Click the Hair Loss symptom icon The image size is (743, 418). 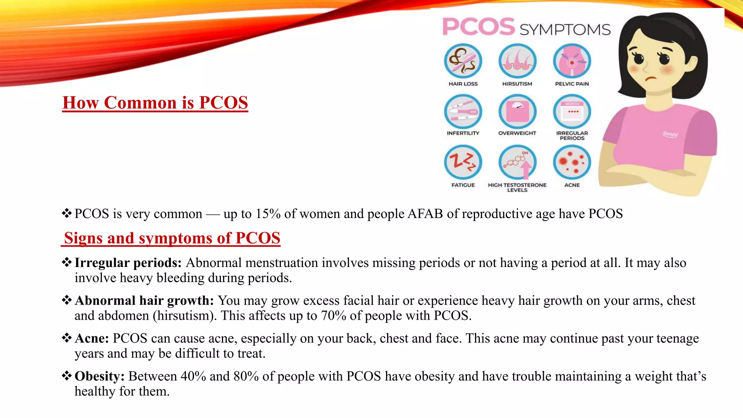click(x=463, y=61)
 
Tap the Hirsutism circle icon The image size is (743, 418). click(x=517, y=61)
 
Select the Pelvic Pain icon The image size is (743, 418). click(x=572, y=61)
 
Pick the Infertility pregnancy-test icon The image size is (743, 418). click(x=463, y=112)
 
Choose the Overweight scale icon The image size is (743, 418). click(x=517, y=112)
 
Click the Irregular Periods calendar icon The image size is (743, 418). click(x=572, y=112)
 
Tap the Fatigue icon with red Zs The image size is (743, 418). click(x=463, y=162)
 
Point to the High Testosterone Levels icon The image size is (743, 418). click(x=517, y=162)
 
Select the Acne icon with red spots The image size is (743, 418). click(x=572, y=162)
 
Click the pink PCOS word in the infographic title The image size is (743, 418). click(x=479, y=27)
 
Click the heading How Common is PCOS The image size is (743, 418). click(x=155, y=103)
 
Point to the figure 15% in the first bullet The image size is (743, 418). click(x=268, y=214)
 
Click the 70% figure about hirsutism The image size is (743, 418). click(x=333, y=316)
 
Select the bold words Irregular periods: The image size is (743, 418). click(x=128, y=263)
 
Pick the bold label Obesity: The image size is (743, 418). click(x=99, y=376)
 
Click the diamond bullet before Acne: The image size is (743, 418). click(x=66, y=338)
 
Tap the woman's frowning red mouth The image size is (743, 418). click(x=652, y=79)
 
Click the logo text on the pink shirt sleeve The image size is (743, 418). click(x=670, y=134)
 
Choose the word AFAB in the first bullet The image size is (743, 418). click(x=425, y=214)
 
